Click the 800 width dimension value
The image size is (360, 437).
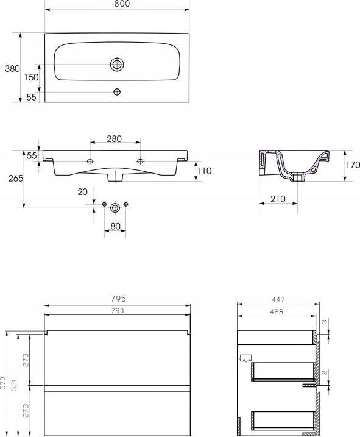[x=122, y=4]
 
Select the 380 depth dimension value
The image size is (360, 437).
[x=12, y=68]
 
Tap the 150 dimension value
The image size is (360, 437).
[x=31, y=77]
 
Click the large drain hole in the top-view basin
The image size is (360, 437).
[x=117, y=65]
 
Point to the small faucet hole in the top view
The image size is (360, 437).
[x=117, y=91]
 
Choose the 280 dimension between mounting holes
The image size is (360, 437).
[x=115, y=138]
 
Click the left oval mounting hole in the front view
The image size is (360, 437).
[x=90, y=161]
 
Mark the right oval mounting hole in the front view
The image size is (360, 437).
[x=140, y=161]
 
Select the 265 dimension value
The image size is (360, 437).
[x=16, y=179]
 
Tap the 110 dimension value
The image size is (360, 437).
[x=204, y=171]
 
